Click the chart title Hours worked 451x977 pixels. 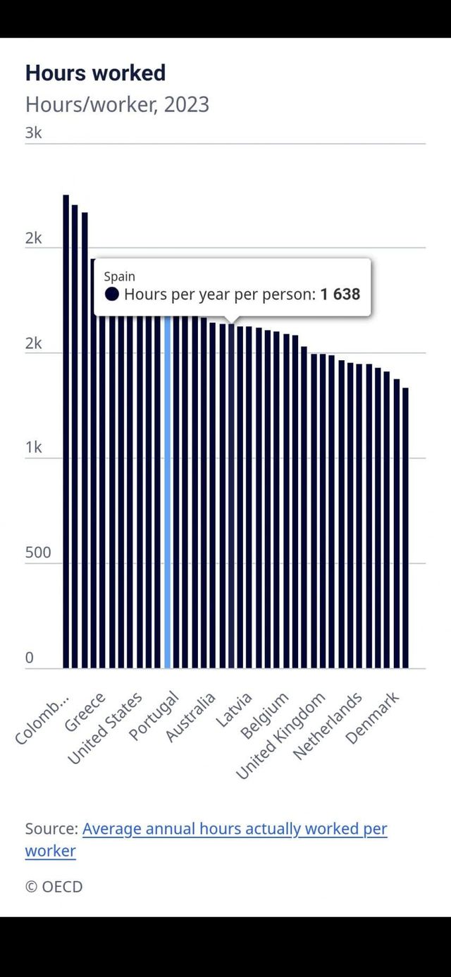pos(95,73)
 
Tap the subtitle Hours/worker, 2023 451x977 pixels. pos(117,104)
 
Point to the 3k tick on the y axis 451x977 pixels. pos(33,133)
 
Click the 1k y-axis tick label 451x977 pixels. pos(33,448)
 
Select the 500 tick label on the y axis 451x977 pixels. pos(38,553)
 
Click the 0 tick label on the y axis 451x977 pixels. pos(30,658)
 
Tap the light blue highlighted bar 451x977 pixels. pos(168,493)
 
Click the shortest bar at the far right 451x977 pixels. pos(405,529)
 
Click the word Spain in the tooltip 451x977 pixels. pos(119,276)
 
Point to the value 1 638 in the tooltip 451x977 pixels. pos(340,294)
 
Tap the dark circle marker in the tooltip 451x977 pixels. pos(112,295)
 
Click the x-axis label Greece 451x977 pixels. pos(85,712)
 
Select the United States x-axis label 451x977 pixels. pos(106,728)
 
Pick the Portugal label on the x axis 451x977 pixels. pos(154,717)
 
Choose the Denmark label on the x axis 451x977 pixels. pos(373,718)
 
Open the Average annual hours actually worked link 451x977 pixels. pos(235,829)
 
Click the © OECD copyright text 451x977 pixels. pos(54,886)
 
